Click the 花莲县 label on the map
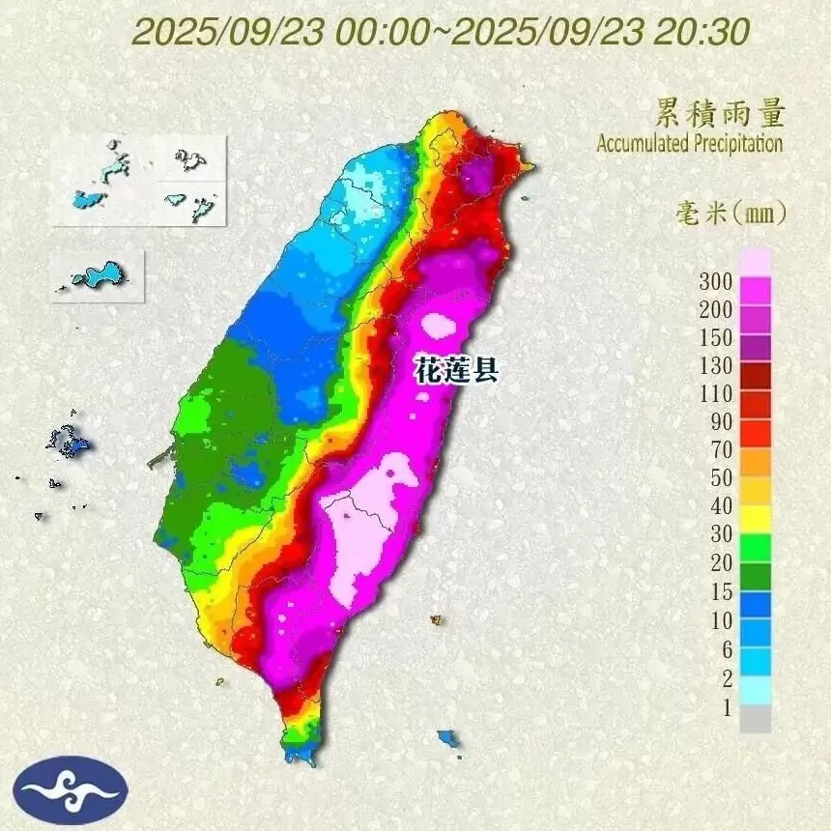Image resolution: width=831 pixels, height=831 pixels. tap(456, 370)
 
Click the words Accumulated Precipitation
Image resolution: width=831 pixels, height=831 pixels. tap(689, 144)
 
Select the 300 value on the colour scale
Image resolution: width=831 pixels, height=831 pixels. tap(715, 282)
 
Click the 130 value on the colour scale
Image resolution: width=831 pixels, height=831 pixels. tap(715, 366)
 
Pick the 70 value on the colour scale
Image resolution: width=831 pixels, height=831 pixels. tap(719, 449)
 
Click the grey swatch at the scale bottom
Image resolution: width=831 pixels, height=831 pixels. tap(757, 718)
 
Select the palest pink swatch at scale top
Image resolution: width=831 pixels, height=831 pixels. tap(757, 261)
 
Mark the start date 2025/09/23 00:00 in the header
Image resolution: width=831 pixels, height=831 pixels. tap(280, 32)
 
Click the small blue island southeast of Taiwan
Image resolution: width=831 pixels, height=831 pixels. tap(447, 739)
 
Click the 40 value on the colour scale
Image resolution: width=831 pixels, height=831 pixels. tap(719, 506)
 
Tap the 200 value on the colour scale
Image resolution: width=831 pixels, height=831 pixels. tap(715, 310)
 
